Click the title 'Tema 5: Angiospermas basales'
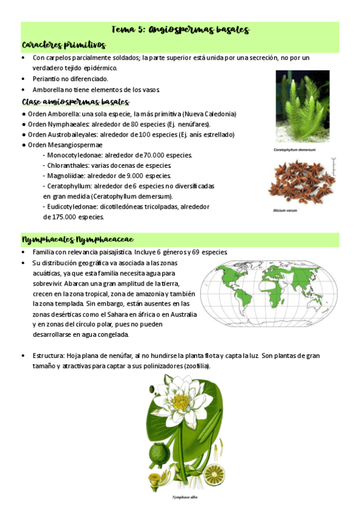[x=180, y=30]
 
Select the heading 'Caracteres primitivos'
[x=64, y=45]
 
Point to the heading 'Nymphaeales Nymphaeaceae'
[x=78, y=240]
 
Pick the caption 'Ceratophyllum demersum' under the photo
[x=294, y=149]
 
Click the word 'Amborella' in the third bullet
[x=48, y=90]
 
